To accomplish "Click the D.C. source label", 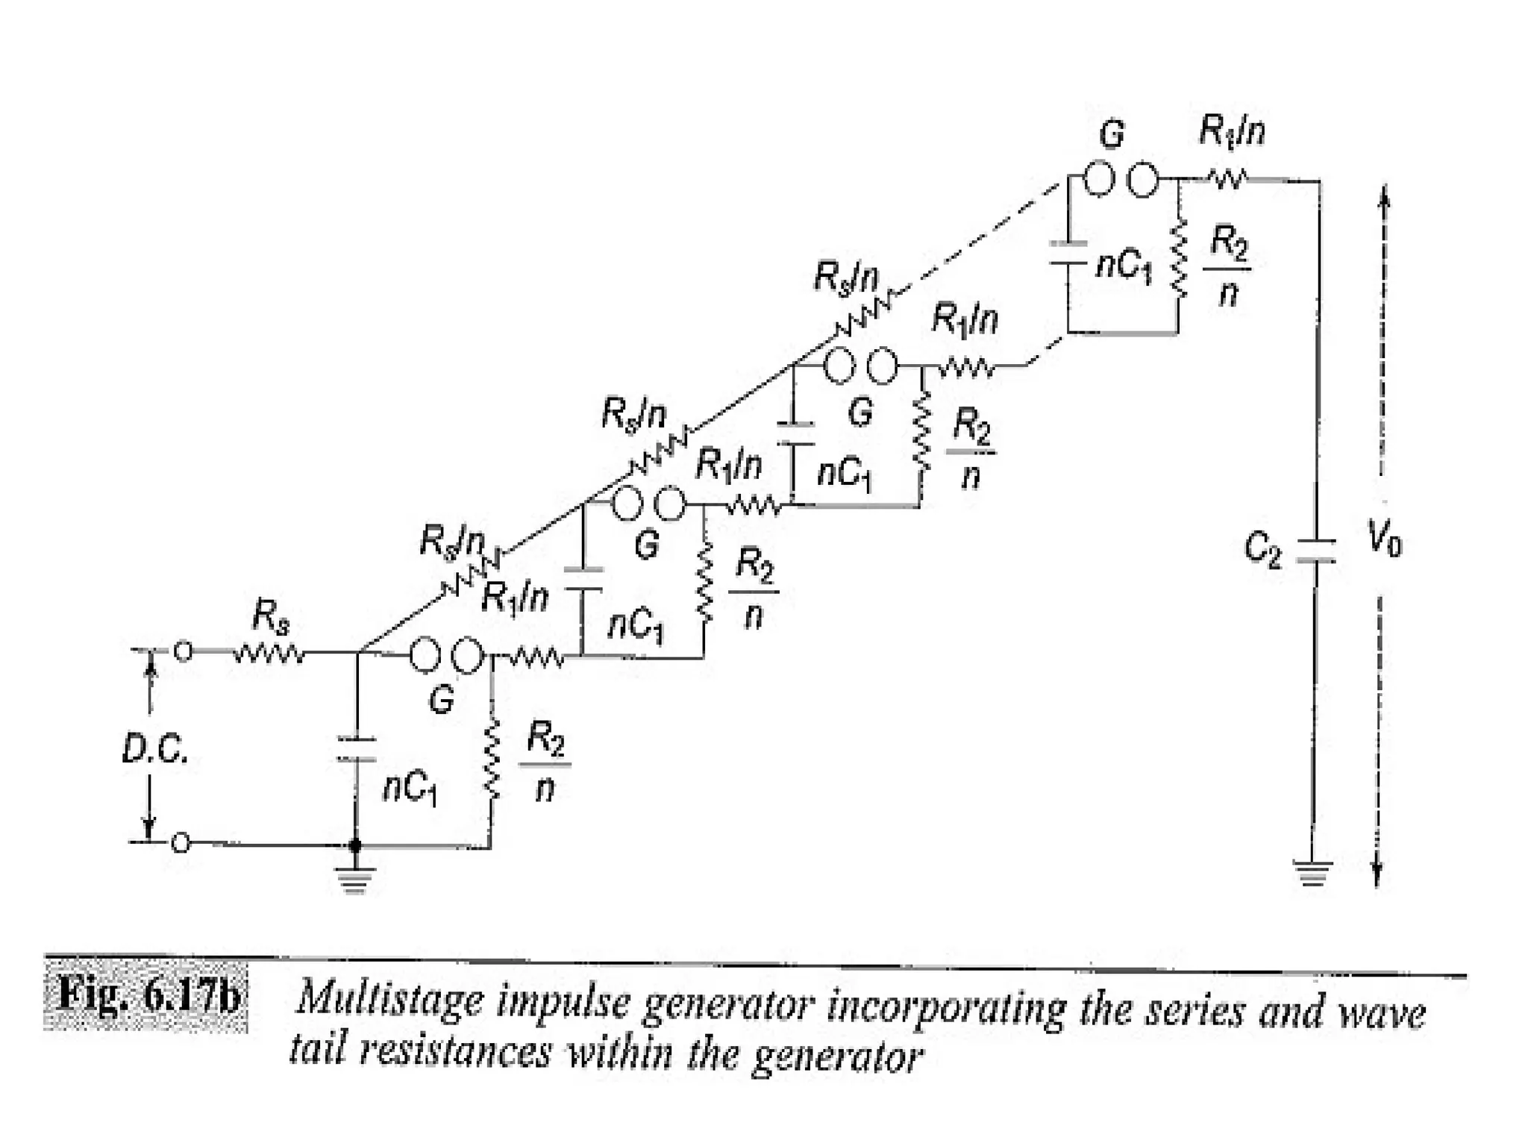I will pyautogui.click(x=155, y=751).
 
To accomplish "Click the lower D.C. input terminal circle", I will pyautogui.click(x=180, y=844).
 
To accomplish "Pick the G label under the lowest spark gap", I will pyautogui.click(x=441, y=699).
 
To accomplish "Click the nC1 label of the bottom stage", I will pyautogui.click(x=409, y=789).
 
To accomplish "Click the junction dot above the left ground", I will pyautogui.click(x=355, y=845).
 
